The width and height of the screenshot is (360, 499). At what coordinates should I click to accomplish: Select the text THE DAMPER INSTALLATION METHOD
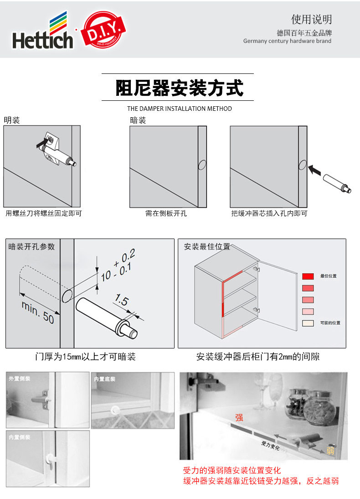[179, 109]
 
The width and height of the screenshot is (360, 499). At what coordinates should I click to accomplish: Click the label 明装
[12, 120]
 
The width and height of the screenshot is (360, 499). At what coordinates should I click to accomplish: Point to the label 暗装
[138, 120]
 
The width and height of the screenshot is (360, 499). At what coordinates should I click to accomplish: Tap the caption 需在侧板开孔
[166, 213]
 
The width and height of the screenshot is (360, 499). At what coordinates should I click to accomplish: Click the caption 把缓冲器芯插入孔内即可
[269, 213]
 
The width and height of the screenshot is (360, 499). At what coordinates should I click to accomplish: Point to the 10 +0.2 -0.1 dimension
[118, 265]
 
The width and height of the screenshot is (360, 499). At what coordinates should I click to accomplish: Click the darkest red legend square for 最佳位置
[308, 276]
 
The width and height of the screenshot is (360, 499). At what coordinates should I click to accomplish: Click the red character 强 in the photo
[239, 416]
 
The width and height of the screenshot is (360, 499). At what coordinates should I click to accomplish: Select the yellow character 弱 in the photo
[330, 451]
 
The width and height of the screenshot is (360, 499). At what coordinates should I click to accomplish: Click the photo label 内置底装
[105, 379]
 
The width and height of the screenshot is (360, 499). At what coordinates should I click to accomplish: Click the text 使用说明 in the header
[311, 19]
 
